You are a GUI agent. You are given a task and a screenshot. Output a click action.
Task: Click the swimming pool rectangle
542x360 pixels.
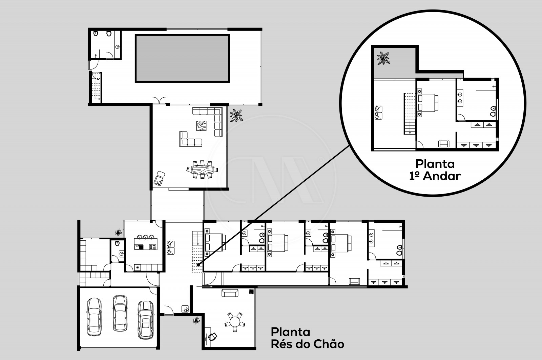tap(182, 58)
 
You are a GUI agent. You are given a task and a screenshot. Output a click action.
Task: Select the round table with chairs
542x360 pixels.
tap(234, 321)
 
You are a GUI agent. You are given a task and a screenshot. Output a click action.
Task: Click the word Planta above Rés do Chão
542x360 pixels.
tap(290, 332)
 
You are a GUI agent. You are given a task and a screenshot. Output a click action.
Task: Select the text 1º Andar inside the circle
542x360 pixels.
tap(435, 176)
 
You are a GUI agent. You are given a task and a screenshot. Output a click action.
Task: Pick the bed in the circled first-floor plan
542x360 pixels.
tap(428, 103)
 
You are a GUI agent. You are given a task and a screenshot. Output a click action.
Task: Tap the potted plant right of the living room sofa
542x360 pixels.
tap(236, 116)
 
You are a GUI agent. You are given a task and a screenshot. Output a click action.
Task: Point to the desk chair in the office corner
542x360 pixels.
tap(212, 336)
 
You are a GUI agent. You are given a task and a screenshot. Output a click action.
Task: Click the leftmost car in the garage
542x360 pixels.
tap(94, 317)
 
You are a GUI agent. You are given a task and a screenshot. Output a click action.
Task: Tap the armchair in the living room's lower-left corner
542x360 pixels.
tap(160, 178)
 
